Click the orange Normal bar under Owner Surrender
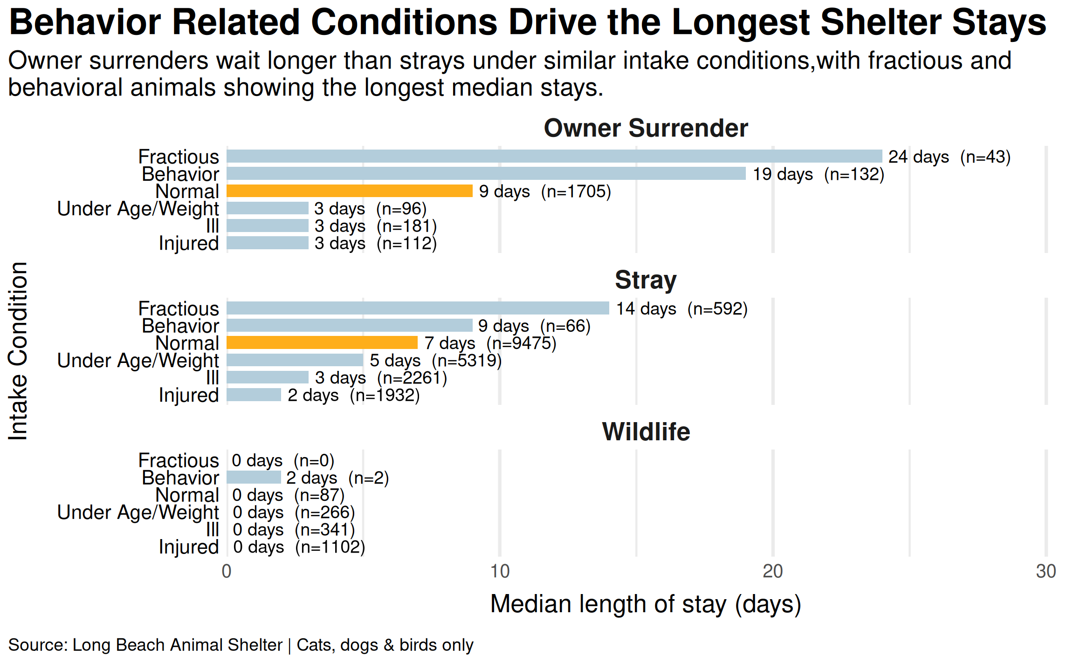(350, 191)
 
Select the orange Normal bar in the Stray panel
(322, 343)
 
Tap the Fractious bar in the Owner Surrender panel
(554, 157)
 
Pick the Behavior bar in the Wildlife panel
(254, 478)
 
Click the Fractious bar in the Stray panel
(418, 308)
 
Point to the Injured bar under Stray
(254, 395)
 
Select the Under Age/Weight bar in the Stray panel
(295, 360)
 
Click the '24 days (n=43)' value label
(950, 157)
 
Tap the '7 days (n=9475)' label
(490, 343)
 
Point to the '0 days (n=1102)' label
(299, 547)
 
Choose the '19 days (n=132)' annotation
(819, 174)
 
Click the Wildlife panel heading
(646, 431)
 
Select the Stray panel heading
(646, 280)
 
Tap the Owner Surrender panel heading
(646, 128)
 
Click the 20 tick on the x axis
(772, 572)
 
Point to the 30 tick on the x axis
(1046, 572)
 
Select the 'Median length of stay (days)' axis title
(646, 604)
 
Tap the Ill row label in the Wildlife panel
(212, 530)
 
